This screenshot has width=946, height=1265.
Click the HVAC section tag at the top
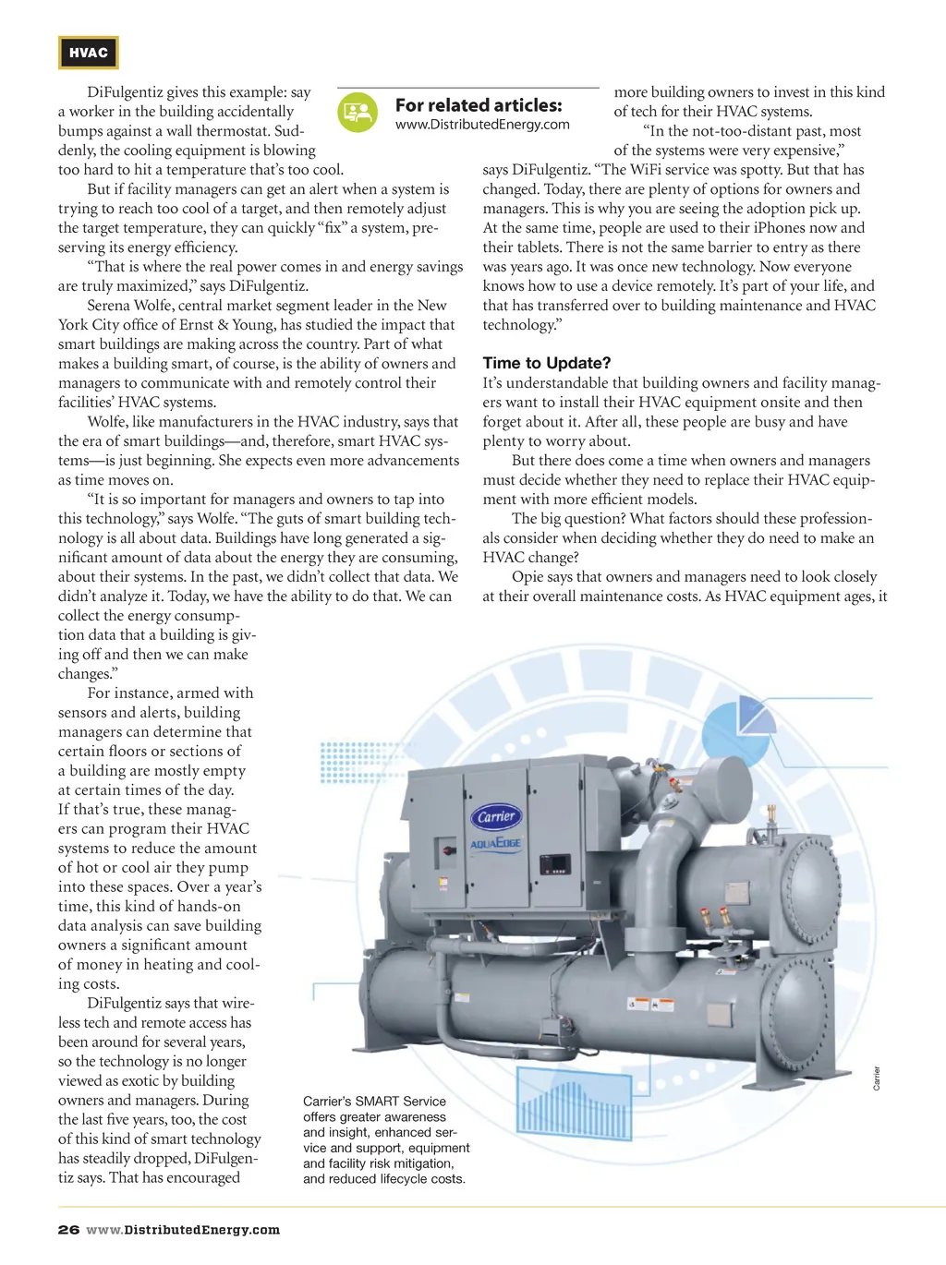(x=89, y=53)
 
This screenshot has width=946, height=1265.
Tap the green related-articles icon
(x=358, y=113)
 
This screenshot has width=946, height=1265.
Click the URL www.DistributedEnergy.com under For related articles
(x=482, y=125)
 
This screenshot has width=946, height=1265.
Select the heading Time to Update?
(x=546, y=363)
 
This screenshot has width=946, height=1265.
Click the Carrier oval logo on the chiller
(x=497, y=816)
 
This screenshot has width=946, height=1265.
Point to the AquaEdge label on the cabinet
(x=496, y=843)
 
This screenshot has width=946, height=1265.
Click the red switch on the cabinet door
(x=448, y=849)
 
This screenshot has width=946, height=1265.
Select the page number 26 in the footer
(x=68, y=1230)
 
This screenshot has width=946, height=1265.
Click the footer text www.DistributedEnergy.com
(x=183, y=1230)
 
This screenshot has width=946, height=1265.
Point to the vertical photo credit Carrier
(x=877, y=1078)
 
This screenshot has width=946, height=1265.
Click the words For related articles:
(x=479, y=105)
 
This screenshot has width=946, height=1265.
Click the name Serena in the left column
(x=111, y=306)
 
